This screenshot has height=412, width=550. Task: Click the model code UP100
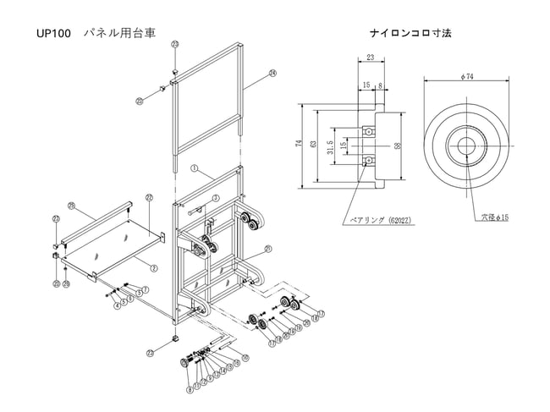point(52,35)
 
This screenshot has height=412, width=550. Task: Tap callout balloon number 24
point(272,74)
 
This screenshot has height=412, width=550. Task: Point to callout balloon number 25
point(71,206)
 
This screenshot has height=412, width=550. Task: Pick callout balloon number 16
point(245,358)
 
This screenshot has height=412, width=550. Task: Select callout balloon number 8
point(190,391)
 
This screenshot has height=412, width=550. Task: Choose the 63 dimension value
point(316,145)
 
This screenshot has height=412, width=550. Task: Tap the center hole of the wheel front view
point(467,146)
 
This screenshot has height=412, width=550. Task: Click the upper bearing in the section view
point(369,132)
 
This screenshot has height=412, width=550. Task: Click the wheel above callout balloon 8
point(184,363)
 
